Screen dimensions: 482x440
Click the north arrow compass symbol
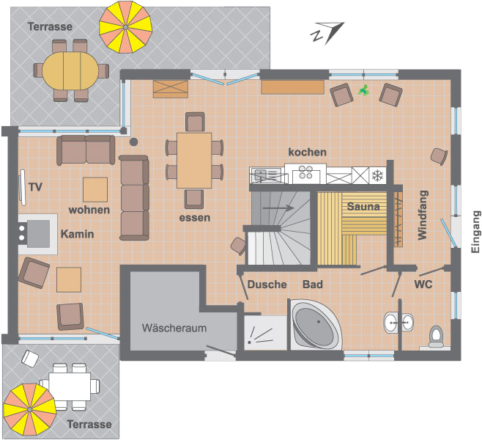[x=327, y=33]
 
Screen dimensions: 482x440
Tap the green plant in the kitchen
[x=363, y=90]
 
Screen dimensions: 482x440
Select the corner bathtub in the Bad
[x=316, y=325]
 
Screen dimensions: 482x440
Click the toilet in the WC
[x=436, y=337]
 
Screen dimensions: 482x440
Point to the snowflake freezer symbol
[x=377, y=176]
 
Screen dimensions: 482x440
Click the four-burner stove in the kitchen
[x=305, y=172]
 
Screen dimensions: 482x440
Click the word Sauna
[x=363, y=206]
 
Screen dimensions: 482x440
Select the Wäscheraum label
[x=174, y=328]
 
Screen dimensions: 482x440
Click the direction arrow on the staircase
[x=278, y=208]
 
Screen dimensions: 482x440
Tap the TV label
[x=35, y=187]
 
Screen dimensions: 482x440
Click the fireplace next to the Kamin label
[x=38, y=234]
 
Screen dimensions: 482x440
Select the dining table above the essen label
[x=194, y=161]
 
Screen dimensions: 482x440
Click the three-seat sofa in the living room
[x=134, y=197]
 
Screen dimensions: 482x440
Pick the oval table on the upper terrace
[x=70, y=71]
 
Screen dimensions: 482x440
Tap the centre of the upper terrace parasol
[x=125, y=27]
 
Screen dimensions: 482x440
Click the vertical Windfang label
[x=423, y=215]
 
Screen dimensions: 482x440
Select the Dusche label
[x=267, y=285]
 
